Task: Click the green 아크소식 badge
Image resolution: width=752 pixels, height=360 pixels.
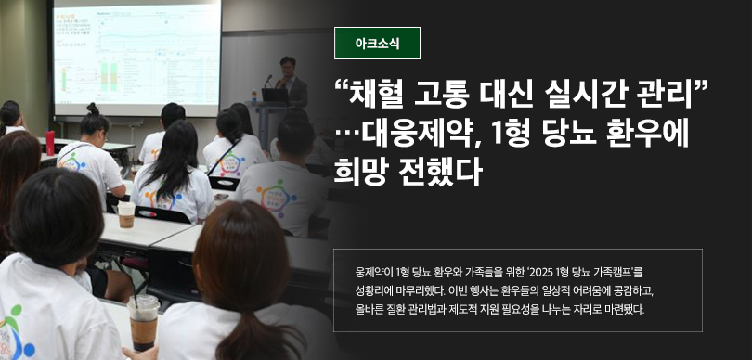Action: [x=377, y=43]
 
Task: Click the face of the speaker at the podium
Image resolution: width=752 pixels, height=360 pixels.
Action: [x=288, y=68]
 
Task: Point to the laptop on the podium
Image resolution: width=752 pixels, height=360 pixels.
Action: [x=275, y=95]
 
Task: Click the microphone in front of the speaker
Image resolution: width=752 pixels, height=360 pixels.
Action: [x=268, y=81]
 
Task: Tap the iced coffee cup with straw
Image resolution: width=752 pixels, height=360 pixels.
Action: [x=143, y=321]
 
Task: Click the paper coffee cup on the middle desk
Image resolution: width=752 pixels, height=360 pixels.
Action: [x=126, y=214]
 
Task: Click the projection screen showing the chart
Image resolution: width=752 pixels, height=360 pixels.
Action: [x=136, y=58]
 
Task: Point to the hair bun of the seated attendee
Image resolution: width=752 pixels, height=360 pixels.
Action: [x=93, y=109]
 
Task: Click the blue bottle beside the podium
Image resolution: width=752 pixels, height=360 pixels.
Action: [x=254, y=96]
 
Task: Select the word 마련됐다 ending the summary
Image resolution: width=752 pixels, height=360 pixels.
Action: [x=628, y=309]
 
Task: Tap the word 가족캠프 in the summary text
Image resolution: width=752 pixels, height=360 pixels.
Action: [x=614, y=273]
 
